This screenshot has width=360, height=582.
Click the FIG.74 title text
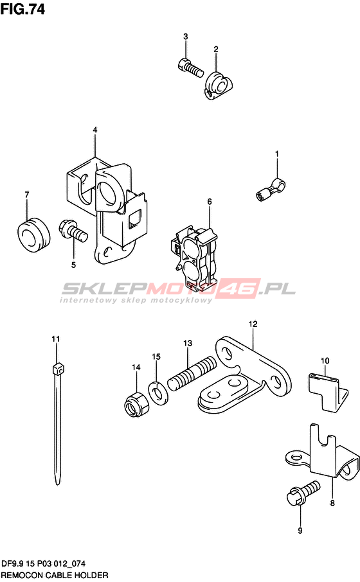coord(22,9)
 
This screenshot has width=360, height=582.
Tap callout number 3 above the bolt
coord(185,37)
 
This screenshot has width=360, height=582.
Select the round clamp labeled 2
coord(219,85)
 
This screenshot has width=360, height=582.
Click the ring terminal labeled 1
coord(271,188)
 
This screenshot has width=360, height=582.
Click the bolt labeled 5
coord(73,231)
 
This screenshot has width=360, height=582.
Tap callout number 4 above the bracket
coord(95,130)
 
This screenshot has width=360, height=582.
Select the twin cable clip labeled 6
coord(195,256)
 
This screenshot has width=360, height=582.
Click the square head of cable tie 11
coord(59,370)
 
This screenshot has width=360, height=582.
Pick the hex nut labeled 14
coord(136,404)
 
